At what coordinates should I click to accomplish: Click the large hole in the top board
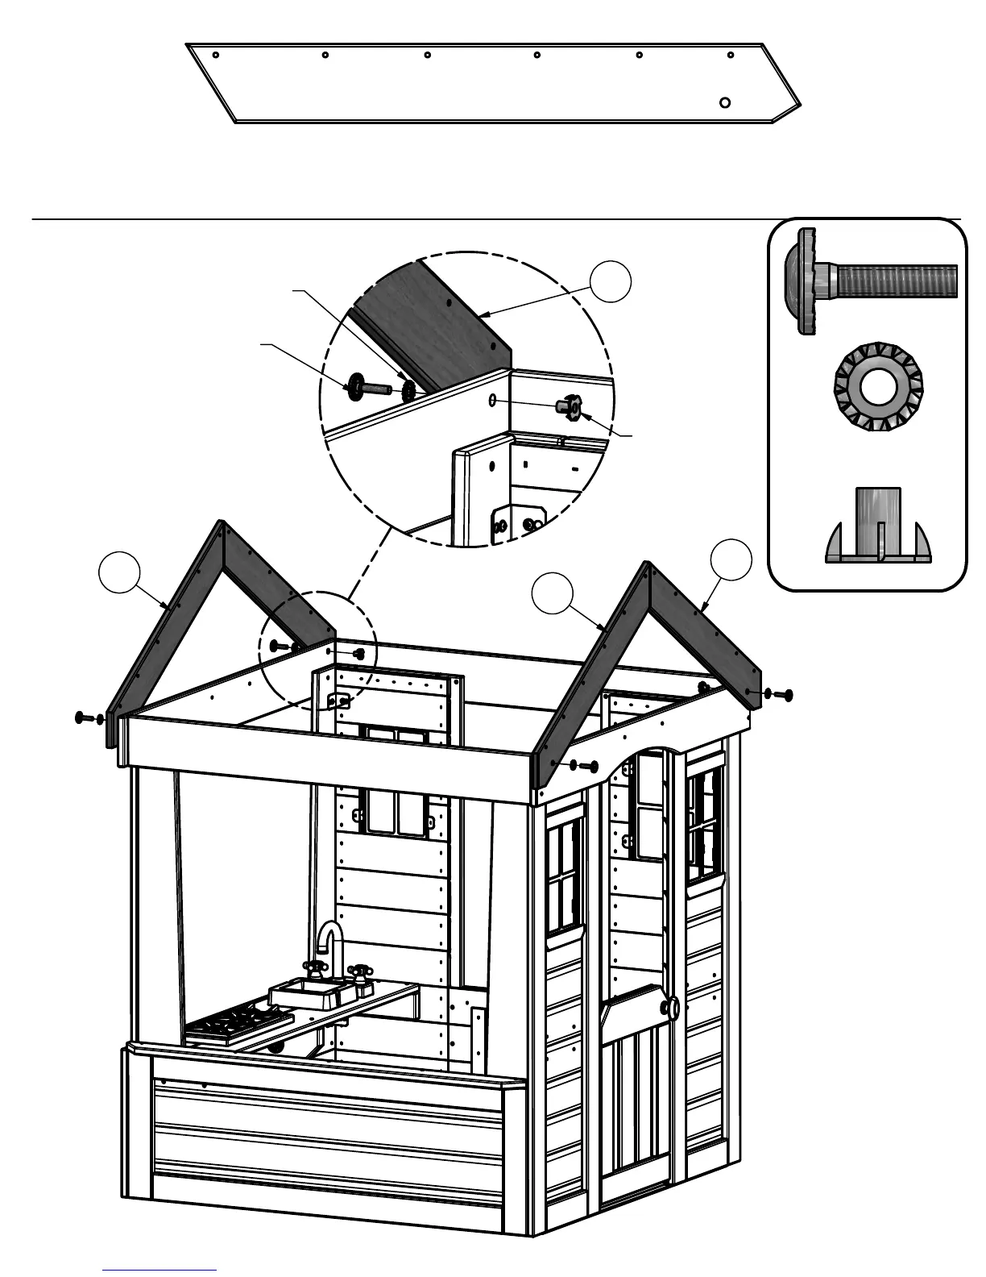point(725,102)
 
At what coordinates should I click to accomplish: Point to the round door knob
point(670,1007)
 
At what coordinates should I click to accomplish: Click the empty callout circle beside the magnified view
point(610,281)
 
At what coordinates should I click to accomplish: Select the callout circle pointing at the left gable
point(118,572)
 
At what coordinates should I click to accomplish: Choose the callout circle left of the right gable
point(553,593)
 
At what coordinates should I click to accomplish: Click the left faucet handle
point(313,967)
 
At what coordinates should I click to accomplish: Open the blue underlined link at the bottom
point(159,1270)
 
